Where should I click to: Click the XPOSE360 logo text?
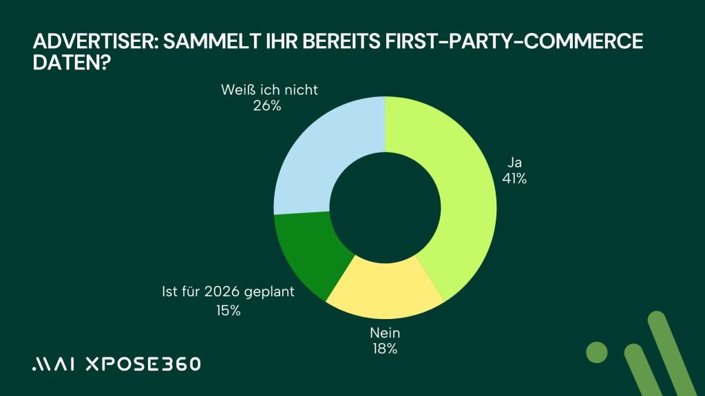[143, 364]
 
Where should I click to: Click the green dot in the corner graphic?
[597, 351]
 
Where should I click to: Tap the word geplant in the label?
[270, 292]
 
